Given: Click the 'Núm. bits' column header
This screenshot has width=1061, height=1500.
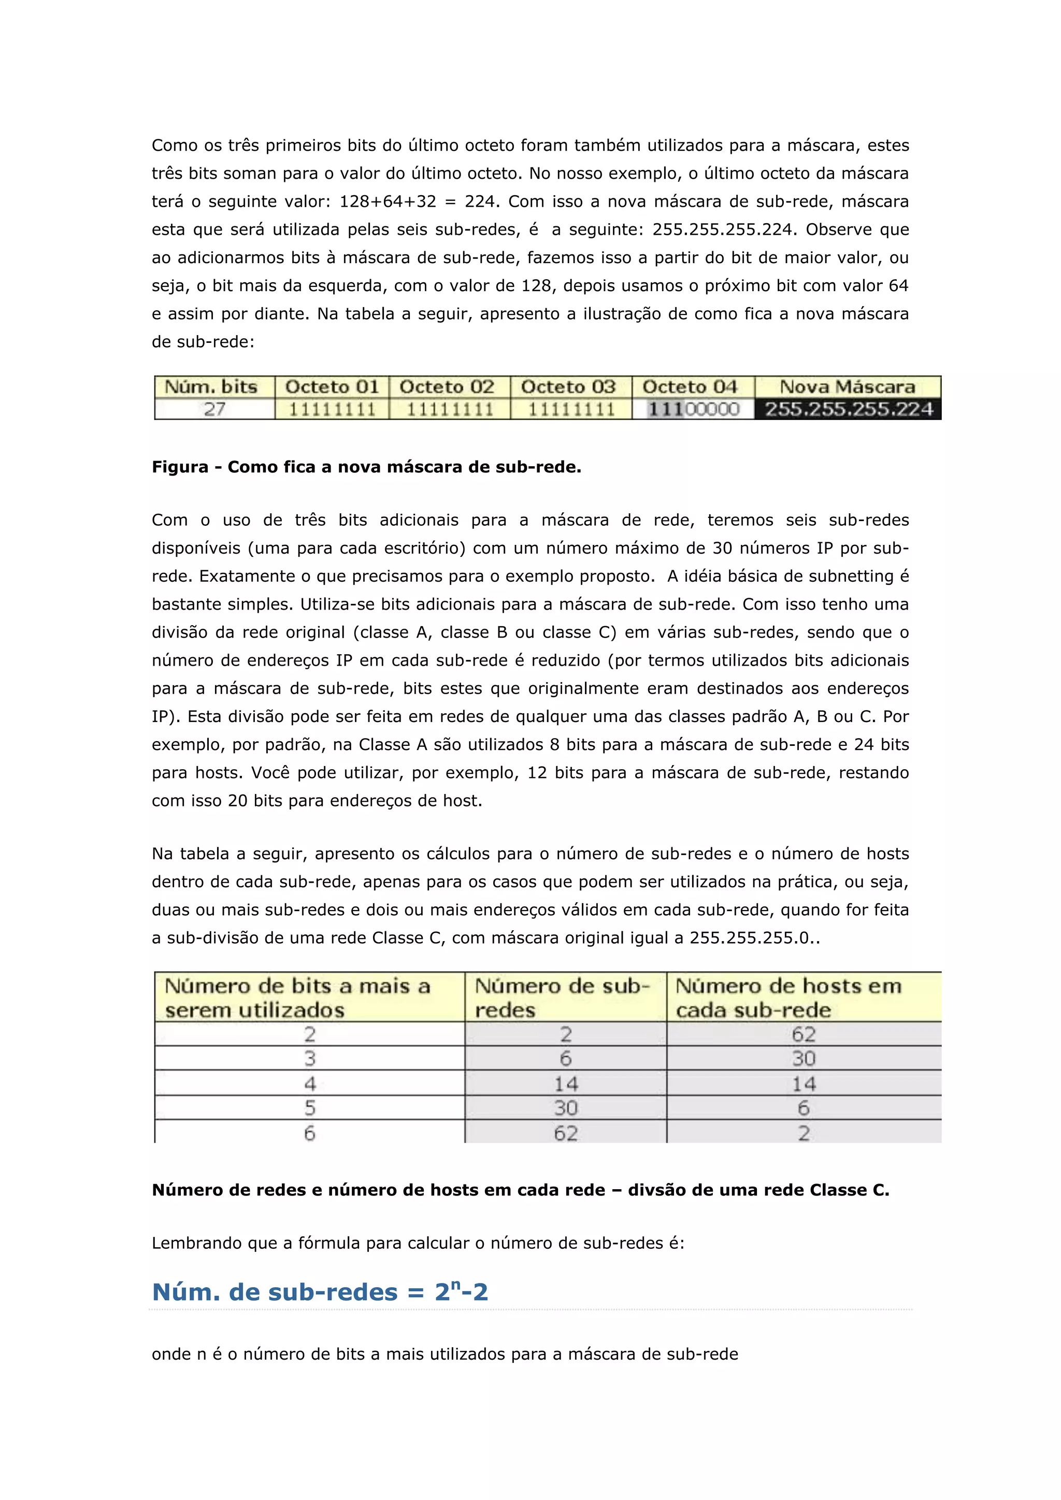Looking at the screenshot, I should [x=211, y=387].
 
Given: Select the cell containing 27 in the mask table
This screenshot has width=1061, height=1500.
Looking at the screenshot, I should [x=214, y=410].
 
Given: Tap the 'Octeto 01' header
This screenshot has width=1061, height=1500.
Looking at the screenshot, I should [x=332, y=387].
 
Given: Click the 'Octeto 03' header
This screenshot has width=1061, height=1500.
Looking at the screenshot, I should [x=568, y=387].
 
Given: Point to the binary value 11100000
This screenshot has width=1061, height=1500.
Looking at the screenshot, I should [x=693, y=410].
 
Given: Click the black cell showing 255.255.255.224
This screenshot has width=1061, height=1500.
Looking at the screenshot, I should [x=849, y=410].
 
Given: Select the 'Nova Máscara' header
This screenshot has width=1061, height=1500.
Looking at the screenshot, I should [x=848, y=387].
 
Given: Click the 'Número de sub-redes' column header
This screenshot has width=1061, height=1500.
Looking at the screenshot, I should [x=563, y=997].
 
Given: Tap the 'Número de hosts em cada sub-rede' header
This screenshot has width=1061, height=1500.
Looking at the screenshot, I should [x=788, y=997].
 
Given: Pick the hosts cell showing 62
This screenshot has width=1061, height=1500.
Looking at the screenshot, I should [x=804, y=1034].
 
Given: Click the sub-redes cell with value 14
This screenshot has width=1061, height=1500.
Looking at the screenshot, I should [x=566, y=1084].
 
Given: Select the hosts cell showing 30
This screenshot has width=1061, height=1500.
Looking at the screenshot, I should [x=804, y=1058].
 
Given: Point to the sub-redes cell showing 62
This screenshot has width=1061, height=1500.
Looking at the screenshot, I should [x=566, y=1133].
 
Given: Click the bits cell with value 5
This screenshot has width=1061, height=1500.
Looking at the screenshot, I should [x=310, y=1108].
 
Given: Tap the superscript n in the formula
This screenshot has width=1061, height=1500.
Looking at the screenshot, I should [x=456, y=1285].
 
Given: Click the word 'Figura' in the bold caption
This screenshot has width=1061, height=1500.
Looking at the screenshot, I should [x=180, y=467].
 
